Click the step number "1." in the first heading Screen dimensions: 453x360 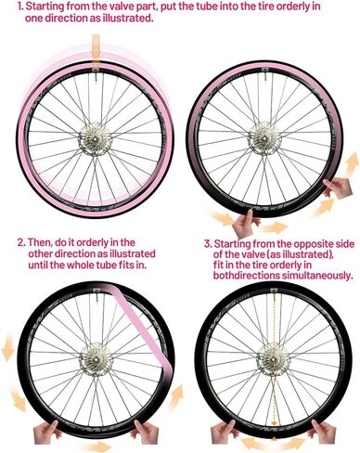8,8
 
